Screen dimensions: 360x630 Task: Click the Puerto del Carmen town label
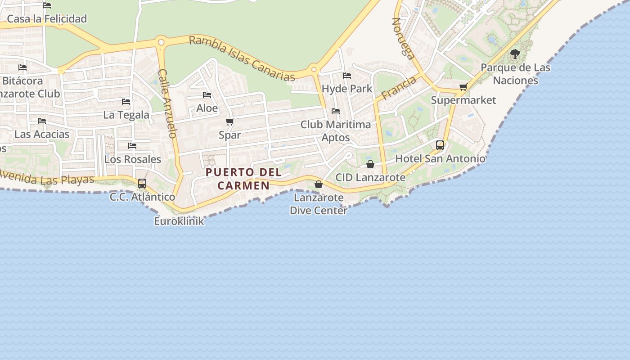pos(243,179)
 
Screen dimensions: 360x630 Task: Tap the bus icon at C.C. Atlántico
pos(142,183)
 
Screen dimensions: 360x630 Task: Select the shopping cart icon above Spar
pos(230,121)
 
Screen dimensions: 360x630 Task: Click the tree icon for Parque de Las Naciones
pos(515,54)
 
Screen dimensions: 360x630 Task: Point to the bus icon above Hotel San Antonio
pos(440,145)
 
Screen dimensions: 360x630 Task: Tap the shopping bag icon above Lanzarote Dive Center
pos(319,184)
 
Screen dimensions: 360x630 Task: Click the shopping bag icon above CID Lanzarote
pos(370,164)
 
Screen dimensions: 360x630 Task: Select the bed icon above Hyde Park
pos(347,75)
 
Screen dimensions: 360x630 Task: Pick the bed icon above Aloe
pos(207,95)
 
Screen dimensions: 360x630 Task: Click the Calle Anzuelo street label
pos(167,103)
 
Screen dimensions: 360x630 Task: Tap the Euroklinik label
pos(179,221)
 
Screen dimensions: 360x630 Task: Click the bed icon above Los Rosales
pos(132,146)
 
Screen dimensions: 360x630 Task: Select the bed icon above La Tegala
pos(126,102)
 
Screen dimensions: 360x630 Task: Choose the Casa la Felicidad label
pos(47,19)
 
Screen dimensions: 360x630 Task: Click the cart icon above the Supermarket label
pos(463,87)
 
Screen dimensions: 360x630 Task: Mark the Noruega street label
pos(403,38)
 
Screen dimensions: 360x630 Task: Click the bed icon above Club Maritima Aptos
pos(336,111)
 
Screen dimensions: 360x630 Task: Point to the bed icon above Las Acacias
pos(42,121)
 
